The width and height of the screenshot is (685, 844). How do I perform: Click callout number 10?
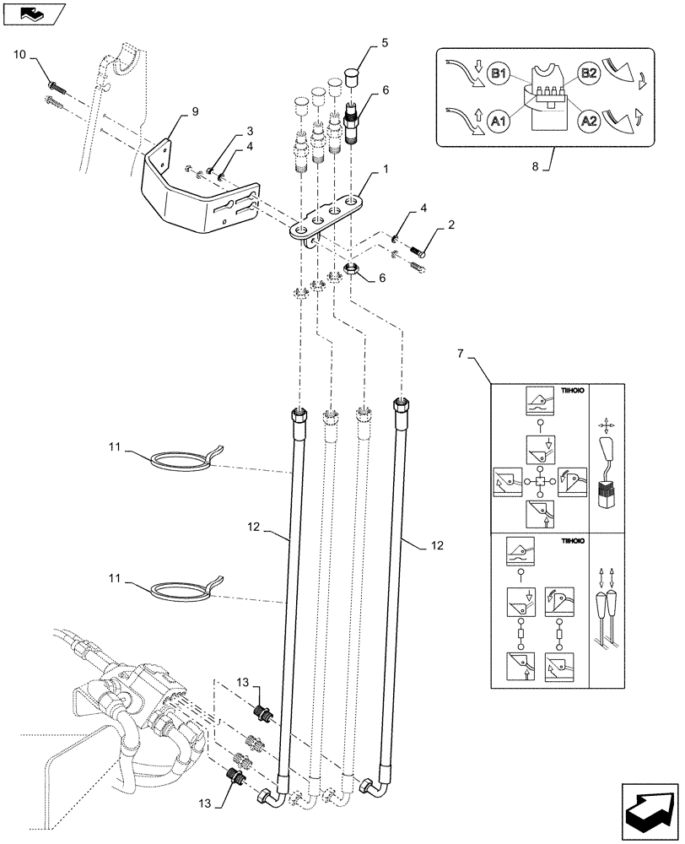pyautogui.click(x=20, y=55)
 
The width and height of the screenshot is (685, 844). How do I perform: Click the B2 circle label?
pyautogui.click(x=587, y=73)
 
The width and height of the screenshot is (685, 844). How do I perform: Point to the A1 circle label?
pyautogui.click(x=500, y=122)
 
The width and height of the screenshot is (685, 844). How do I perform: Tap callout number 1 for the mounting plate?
pyautogui.click(x=385, y=170)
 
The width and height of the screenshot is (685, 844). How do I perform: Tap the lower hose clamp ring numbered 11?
pyautogui.click(x=180, y=587)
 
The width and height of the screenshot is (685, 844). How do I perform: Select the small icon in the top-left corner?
pyautogui.click(x=32, y=13)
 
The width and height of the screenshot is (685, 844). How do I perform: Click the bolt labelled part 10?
pyautogui.click(x=57, y=85)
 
